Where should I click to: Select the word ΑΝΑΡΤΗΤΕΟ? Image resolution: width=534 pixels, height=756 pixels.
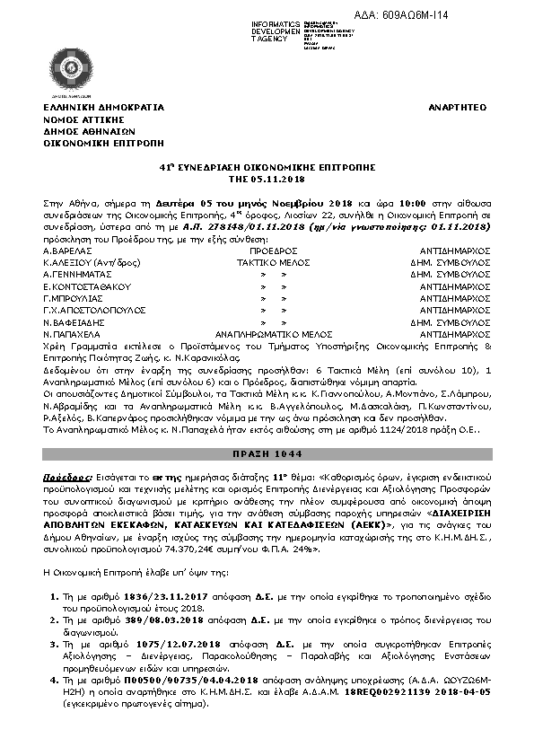coord(457,107)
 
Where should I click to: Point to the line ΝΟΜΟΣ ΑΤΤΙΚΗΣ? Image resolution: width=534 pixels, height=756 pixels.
coord(82,119)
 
